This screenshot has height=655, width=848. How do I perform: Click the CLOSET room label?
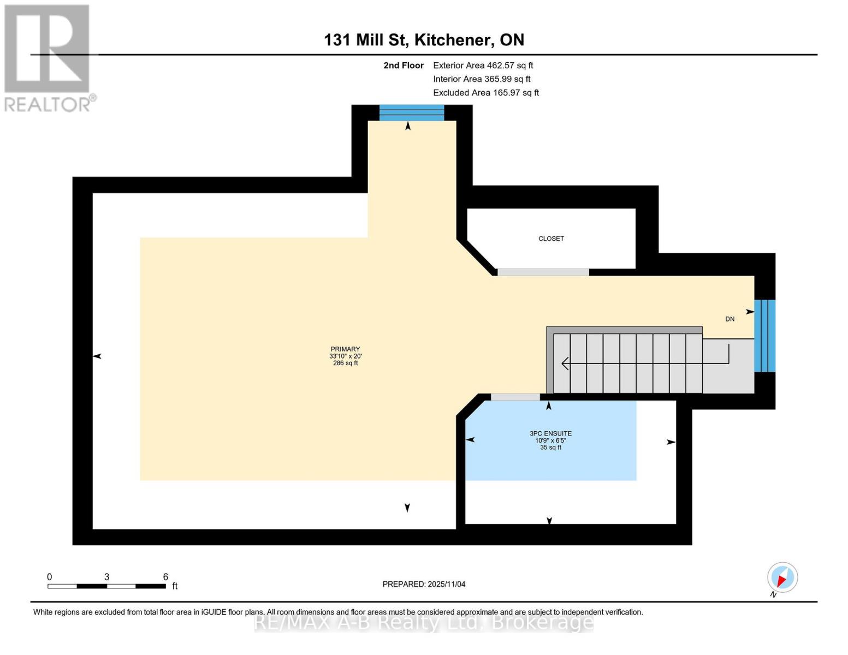click(x=551, y=239)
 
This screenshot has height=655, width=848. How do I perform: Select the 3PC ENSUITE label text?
click(x=550, y=433)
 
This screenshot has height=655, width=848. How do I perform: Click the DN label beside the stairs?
click(x=730, y=319)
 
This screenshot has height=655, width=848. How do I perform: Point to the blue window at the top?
click(x=412, y=113)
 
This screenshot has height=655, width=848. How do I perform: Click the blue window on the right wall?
click(x=764, y=336)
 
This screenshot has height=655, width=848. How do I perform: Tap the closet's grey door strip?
click(x=543, y=272)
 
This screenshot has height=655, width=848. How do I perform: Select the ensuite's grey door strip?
click(x=515, y=397)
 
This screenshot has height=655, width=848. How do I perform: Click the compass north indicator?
click(x=782, y=577)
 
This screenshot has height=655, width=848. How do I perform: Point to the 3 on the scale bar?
click(x=107, y=577)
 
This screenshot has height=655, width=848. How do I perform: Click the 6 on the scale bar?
click(x=165, y=577)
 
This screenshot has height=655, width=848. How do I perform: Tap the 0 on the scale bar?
click(x=50, y=577)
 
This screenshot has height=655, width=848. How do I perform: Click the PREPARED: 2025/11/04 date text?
click(x=424, y=584)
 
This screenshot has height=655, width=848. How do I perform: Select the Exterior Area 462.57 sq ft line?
click(x=483, y=65)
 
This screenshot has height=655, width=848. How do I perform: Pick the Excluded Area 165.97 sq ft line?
click(x=485, y=93)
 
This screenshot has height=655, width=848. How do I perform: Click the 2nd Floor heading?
click(x=404, y=65)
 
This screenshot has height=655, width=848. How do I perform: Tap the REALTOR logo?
click(x=48, y=58)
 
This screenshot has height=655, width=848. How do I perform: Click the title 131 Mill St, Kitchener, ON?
click(x=424, y=40)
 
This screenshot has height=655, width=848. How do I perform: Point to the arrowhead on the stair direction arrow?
click(x=565, y=363)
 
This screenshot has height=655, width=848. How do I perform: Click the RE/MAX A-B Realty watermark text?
click(x=424, y=622)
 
